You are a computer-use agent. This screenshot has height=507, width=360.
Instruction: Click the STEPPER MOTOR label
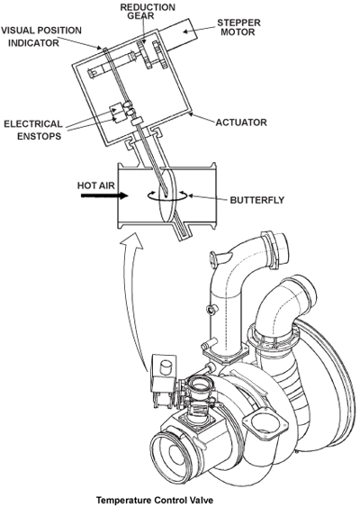(238, 28)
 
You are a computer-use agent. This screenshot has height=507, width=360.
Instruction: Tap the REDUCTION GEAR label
(148, 12)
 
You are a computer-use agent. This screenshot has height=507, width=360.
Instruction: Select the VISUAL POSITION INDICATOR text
(41, 37)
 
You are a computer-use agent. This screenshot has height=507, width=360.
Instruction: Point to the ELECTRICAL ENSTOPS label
(33, 130)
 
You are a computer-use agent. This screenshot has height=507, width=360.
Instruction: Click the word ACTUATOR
(241, 122)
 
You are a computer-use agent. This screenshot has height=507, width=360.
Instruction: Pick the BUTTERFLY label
(257, 200)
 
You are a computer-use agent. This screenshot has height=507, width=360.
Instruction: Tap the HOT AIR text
(96, 186)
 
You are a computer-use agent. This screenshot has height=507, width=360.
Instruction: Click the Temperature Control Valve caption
(155, 500)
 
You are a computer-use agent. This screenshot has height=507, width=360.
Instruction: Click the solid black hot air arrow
(104, 195)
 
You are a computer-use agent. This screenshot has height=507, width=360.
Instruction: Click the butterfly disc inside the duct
(167, 195)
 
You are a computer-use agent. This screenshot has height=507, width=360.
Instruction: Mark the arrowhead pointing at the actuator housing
(192, 113)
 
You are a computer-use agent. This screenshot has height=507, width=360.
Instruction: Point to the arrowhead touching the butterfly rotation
(190, 195)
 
